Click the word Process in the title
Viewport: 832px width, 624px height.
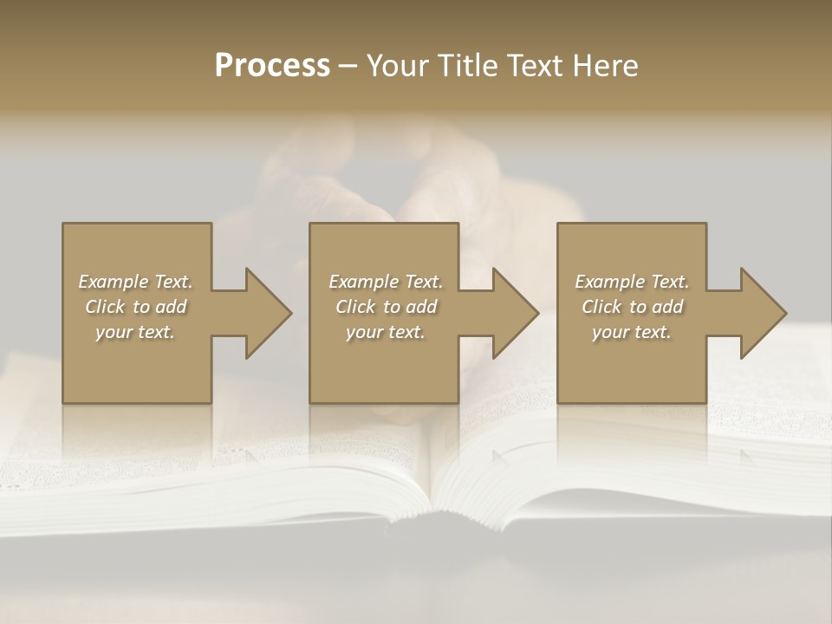click(x=272, y=66)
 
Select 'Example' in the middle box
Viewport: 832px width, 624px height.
click(x=363, y=282)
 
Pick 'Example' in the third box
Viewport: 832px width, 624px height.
click(x=609, y=282)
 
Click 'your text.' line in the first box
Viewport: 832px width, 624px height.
click(x=135, y=332)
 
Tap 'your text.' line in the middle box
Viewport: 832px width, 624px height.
click(x=385, y=332)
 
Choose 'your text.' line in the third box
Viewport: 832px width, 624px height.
click(x=632, y=332)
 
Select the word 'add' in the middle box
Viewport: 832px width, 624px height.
click(x=421, y=307)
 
